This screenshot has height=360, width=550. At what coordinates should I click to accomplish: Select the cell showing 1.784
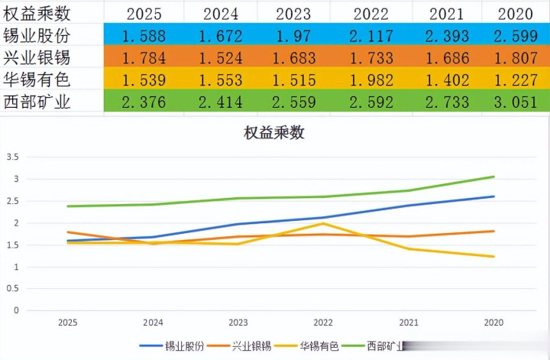click(144, 56)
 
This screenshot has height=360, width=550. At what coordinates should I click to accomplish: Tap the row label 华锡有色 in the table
click(37, 79)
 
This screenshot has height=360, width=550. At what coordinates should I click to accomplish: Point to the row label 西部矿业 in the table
click(37, 102)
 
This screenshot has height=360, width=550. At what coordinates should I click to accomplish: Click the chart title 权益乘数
click(274, 132)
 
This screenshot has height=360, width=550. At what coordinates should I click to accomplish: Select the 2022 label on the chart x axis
click(323, 323)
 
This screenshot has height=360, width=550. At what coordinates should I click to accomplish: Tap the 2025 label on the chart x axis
click(68, 323)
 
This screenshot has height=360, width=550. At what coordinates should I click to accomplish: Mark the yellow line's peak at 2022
click(324, 223)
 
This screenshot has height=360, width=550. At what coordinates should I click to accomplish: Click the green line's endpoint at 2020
click(493, 177)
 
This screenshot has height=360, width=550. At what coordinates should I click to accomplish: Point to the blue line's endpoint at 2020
click(493, 196)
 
